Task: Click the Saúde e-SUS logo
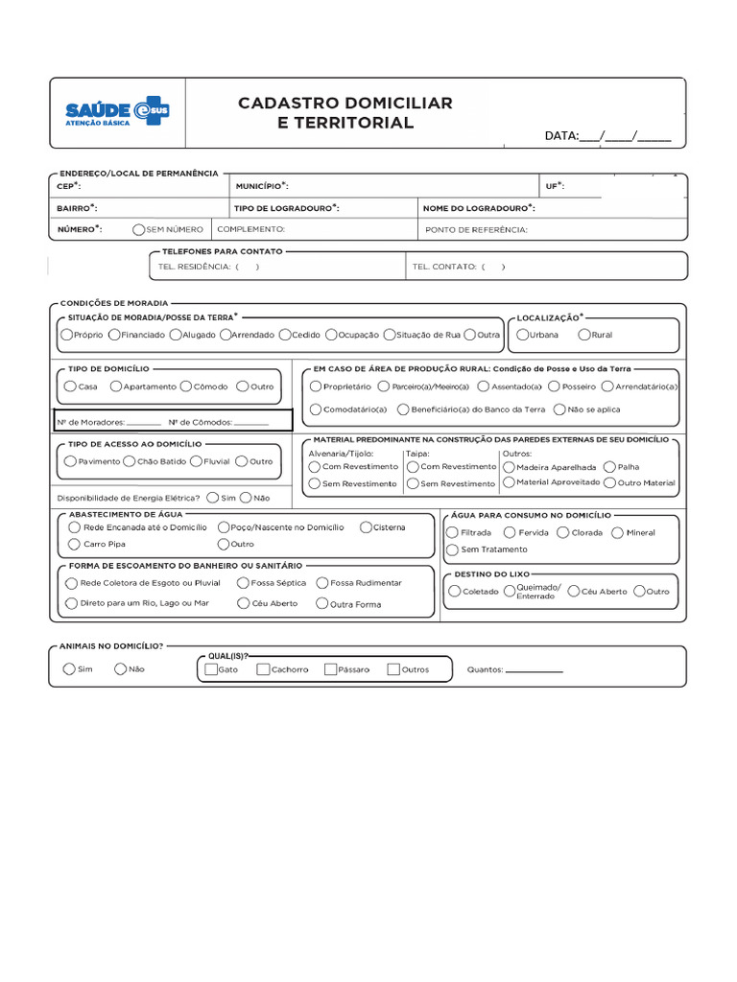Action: [x=115, y=113]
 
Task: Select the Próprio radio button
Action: [x=66, y=335]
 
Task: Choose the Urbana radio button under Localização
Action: [x=522, y=335]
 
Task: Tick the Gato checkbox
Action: [x=211, y=669]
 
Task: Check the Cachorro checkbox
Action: [x=263, y=669]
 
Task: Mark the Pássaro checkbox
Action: [x=330, y=669]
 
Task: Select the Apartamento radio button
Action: [x=116, y=386]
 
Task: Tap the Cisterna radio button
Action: [x=366, y=527]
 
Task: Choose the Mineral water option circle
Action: [x=617, y=532]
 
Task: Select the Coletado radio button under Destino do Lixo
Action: [x=454, y=592]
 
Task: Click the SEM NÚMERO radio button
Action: [x=139, y=229]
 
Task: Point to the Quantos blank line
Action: [x=534, y=671]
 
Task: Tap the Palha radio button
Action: [x=610, y=467]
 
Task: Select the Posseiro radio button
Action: [x=556, y=386]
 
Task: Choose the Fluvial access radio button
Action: [x=196, y=461]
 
